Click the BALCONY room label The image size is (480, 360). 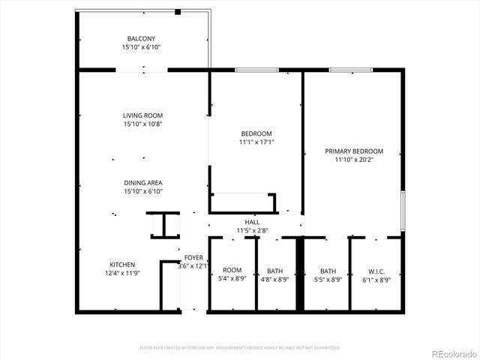click(x=142, y=37)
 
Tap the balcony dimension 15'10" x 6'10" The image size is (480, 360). click(x=142, y=46)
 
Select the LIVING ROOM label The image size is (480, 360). click(x=142, y=115)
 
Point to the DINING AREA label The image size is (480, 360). click(x=142, y=183)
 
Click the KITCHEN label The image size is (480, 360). click(x=122, y=265)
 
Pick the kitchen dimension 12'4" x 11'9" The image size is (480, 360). click(x=122, y=274)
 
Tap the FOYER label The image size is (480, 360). click(x=193, y=257)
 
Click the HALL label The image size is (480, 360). click(x=252, y=222)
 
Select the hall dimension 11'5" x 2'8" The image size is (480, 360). click(x=252, y=231)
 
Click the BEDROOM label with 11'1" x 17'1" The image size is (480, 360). click(x=256, y=133)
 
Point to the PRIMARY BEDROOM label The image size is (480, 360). click(x=354, y=151)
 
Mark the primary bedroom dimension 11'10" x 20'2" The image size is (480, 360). click(x=354, y=160)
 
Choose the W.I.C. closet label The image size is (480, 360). click(x=375, y=271)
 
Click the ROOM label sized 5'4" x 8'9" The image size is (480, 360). click(x=232, y=271)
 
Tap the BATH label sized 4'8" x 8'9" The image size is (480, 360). click(x=274, y=271)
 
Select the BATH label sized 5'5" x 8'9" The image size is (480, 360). click(x=328, y=271)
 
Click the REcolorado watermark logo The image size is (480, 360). click(x=448, y=348)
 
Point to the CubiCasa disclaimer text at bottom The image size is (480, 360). click(x=240, y=348)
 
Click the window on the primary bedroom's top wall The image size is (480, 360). click(x=351, y=70)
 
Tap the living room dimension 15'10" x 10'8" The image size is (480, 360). click(x=142, y=124)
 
